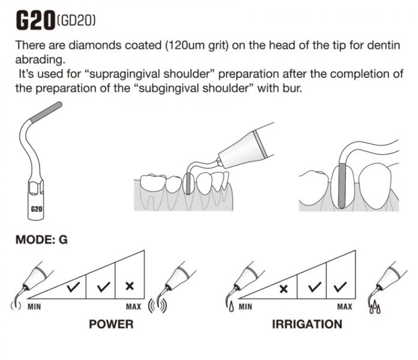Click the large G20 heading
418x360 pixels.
[x=35, y=21]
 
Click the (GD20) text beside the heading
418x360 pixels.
[x=76, y=20]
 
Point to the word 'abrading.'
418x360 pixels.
[x=40, y=59]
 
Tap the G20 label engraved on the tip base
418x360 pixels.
[x=37, y=209]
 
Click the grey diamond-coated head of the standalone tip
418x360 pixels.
[x=46, y=112]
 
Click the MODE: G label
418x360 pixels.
[x=41, y=239]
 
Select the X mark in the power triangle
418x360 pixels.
[x=130, y=286]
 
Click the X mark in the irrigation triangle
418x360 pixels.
[x=283, y=289]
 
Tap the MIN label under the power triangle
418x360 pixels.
[x=34, y=307]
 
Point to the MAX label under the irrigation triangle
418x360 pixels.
[x=345, y=307]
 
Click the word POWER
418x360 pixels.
[x=111, y=325]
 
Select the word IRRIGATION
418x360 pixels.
[x=307, y=325]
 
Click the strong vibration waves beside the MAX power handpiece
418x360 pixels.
[x=158, y=306]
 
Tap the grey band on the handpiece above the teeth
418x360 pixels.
[x=259, y=143]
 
